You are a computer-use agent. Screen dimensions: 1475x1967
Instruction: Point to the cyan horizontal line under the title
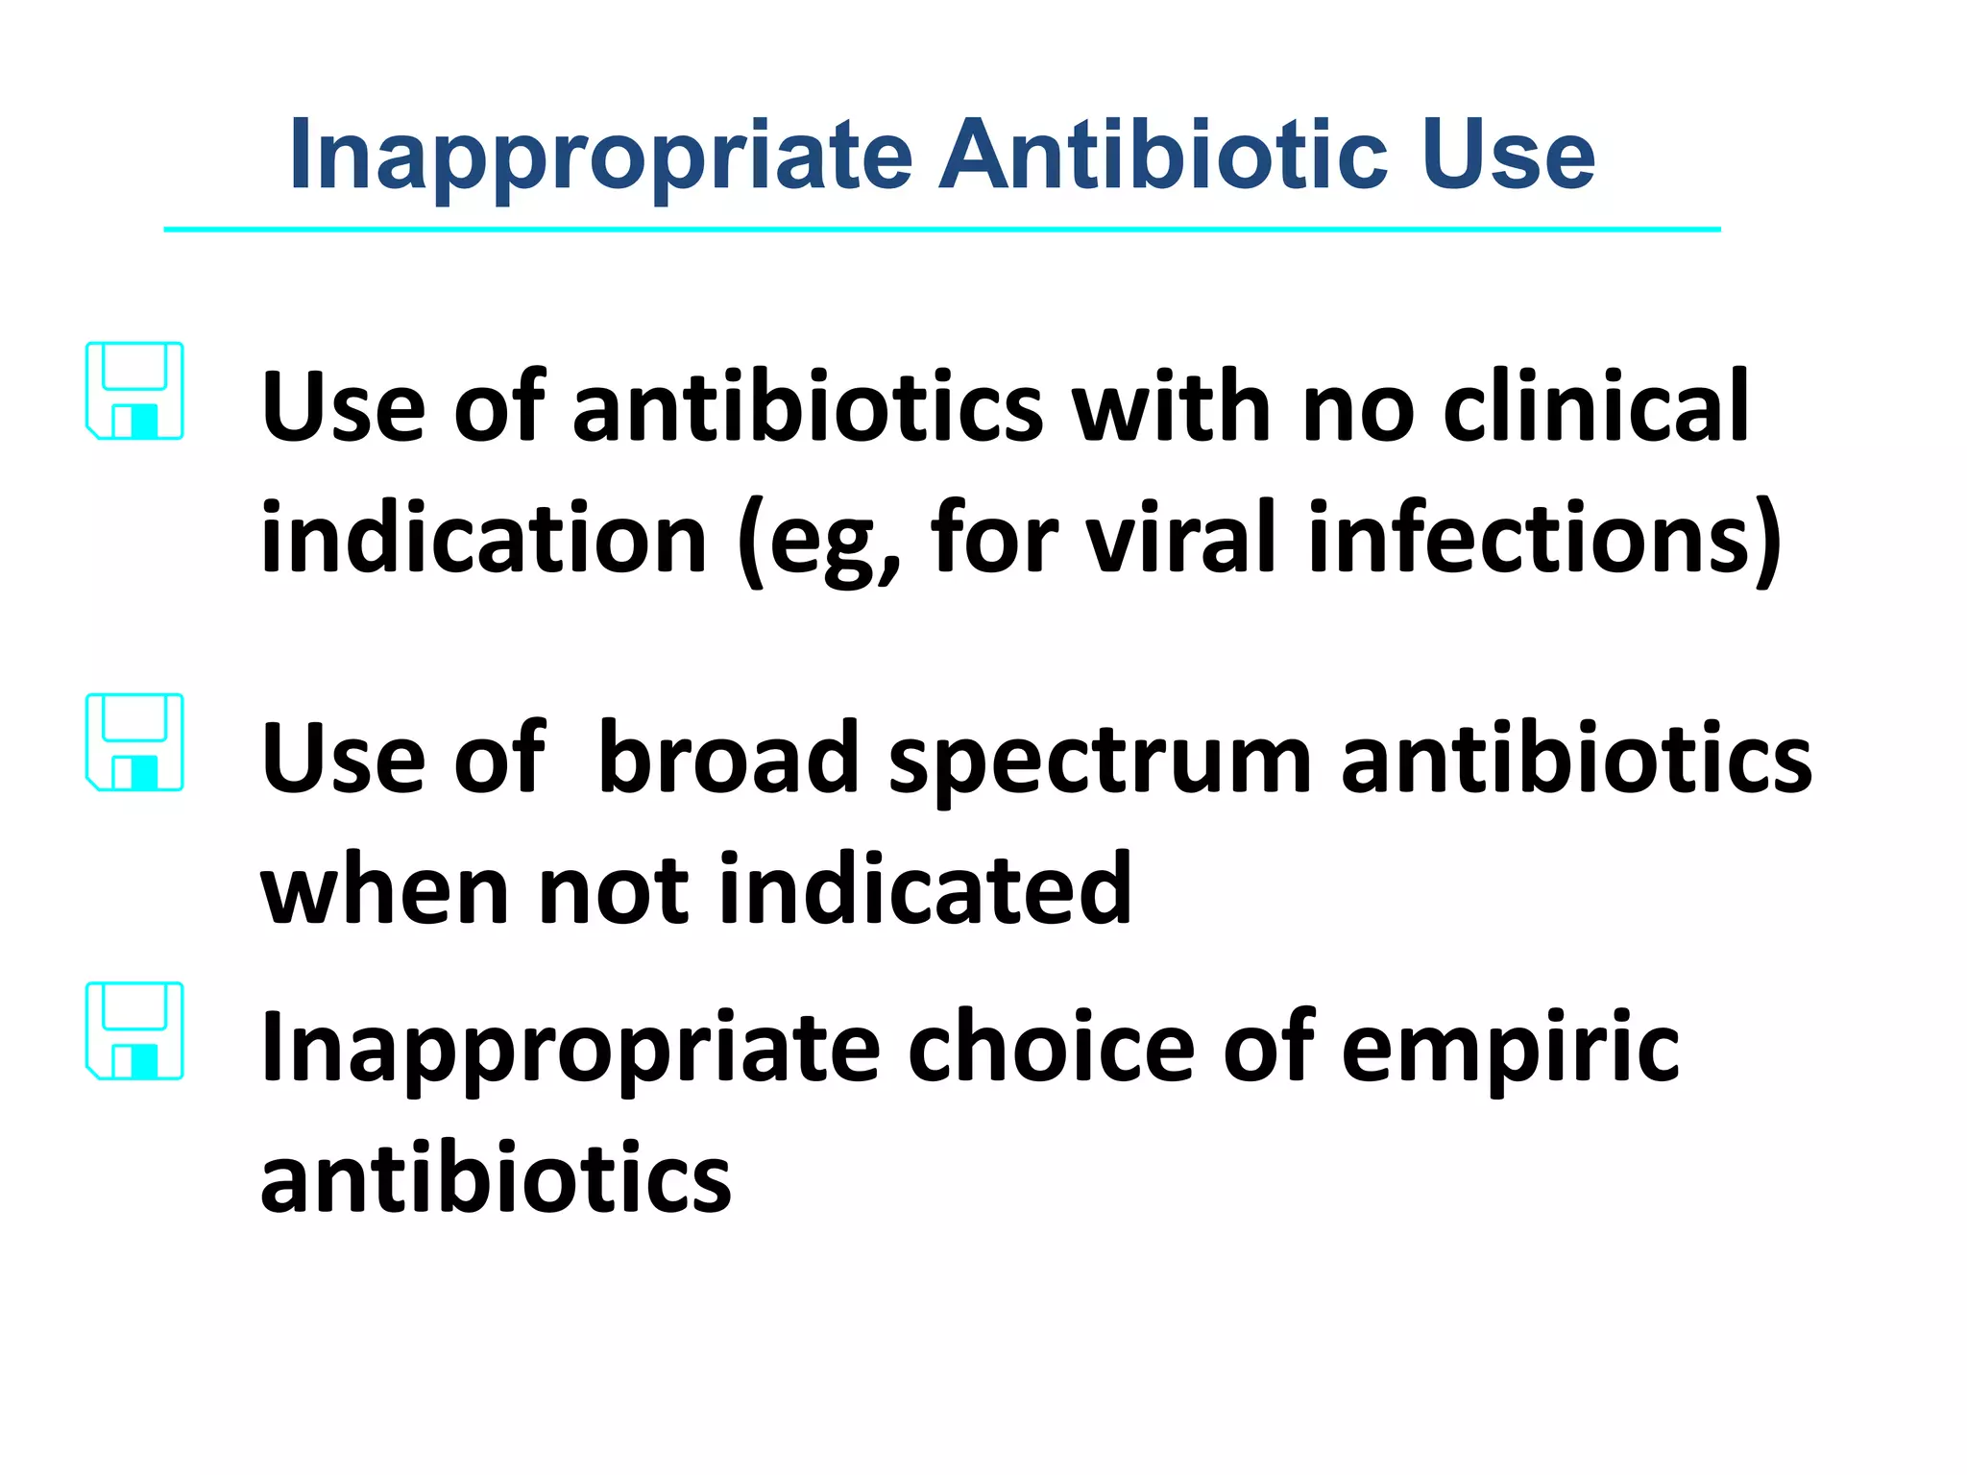click(x=941, y=230)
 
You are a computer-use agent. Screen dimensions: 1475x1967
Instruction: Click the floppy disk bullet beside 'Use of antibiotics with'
click(x=134, y=391)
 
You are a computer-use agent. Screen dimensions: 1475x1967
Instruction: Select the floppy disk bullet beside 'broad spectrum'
click(x=134, y=742)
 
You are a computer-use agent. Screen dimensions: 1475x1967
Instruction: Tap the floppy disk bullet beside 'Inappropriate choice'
click(x=134, y=1030)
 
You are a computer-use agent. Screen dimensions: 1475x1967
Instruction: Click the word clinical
click(x=1595, y=407)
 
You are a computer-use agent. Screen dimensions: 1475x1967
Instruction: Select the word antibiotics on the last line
click(x=496, y=1178)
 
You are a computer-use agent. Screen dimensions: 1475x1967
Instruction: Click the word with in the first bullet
click(x=1171, y=407)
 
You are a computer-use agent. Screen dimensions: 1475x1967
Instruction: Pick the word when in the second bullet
click(x=384, y=889)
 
